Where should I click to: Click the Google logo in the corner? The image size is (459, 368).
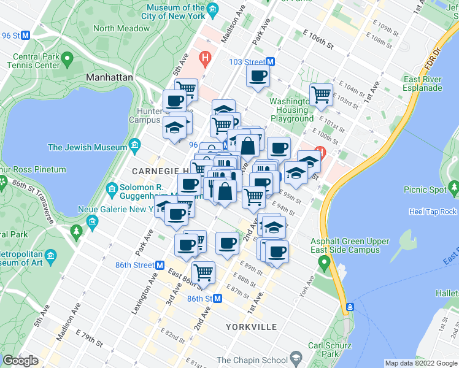20,361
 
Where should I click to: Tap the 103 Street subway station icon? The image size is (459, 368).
270,62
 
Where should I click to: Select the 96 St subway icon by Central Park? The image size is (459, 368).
26,35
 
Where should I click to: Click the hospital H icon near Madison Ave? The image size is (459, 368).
205,59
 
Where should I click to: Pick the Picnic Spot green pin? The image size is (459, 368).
453,186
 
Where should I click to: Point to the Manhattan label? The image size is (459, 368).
109,77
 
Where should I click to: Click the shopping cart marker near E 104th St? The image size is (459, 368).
321,94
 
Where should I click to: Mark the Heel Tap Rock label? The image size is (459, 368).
433,212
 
